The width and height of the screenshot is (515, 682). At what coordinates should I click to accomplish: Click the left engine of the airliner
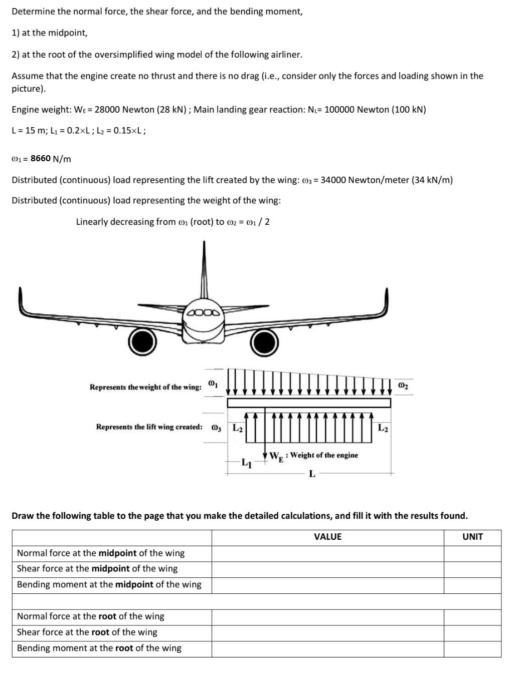142,342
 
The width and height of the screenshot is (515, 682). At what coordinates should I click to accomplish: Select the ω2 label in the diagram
403,386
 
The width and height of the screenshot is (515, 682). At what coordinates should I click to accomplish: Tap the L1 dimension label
246,463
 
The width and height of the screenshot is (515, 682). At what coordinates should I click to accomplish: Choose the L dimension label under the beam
312,474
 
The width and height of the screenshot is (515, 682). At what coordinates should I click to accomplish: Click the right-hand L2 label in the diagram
383,428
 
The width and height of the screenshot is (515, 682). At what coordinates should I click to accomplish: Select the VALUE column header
327,537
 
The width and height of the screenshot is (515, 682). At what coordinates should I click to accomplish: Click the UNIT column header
472,537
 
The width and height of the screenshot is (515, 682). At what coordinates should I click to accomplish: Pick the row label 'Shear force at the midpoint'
97,569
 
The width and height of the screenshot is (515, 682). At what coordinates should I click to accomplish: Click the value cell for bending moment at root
327,648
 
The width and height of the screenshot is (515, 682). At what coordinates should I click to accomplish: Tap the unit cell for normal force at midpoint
472,553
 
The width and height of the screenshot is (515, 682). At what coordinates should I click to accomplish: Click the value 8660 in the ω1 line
41,159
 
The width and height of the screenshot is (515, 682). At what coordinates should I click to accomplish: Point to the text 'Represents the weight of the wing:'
145,387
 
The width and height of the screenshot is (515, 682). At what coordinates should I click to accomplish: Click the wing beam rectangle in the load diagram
309,403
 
